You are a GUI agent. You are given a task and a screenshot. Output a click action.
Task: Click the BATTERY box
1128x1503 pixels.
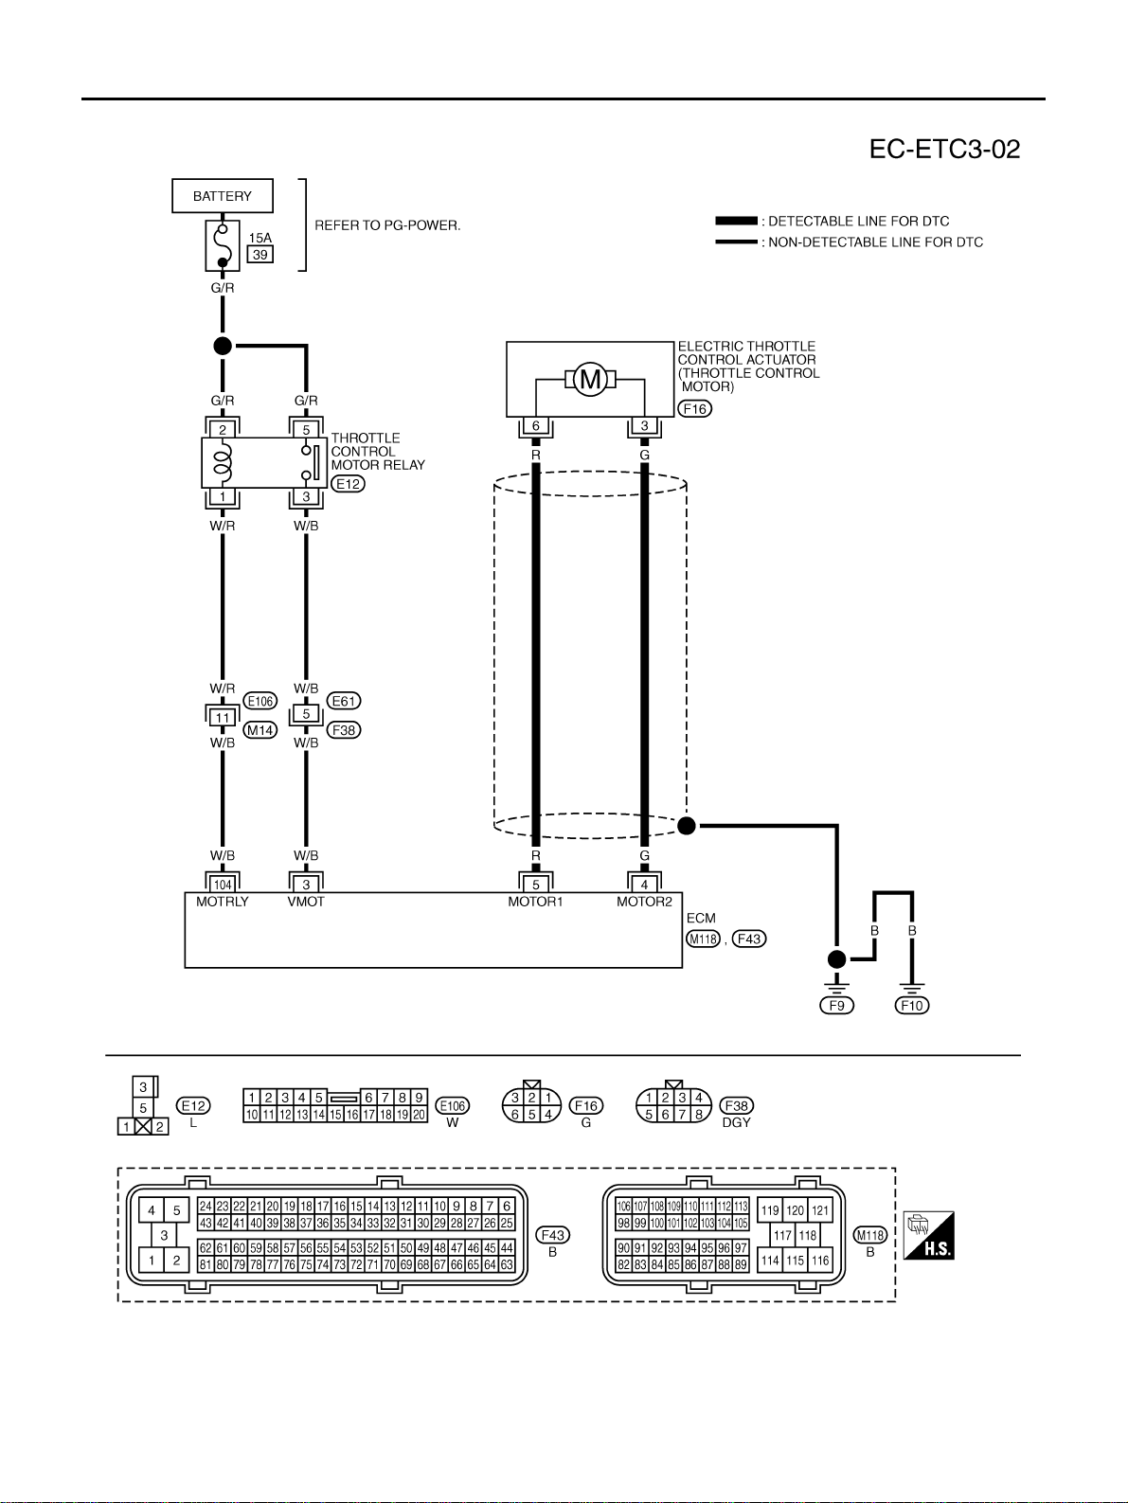223,196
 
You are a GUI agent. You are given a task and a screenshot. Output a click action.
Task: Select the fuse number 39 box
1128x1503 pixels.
260,255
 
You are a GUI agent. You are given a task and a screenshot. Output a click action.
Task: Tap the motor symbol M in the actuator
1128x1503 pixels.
590,379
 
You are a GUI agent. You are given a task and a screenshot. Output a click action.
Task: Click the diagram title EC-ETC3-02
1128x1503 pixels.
944,150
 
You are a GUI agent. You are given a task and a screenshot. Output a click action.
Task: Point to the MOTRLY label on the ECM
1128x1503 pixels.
223,902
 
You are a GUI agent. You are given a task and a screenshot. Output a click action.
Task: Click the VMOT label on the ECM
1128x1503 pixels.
306,902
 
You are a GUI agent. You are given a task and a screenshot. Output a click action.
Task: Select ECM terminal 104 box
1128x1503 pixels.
223,885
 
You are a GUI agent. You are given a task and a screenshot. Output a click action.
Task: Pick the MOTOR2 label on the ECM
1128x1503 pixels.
644,902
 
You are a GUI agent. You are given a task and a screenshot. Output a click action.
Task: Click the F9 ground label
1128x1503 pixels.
836,1006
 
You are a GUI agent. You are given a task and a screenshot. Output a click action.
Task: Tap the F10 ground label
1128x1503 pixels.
912,1006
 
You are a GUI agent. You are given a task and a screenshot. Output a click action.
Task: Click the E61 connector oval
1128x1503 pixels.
344,701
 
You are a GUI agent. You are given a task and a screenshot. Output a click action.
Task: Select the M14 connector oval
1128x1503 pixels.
260,730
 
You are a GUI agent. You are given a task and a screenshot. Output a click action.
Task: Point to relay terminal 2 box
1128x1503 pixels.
223,430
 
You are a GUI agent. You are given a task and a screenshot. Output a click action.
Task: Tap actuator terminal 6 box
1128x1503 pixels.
536,426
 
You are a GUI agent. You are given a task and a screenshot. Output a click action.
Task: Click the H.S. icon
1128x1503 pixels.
929,1235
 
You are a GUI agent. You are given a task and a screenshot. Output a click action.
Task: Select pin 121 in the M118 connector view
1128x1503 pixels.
820,1210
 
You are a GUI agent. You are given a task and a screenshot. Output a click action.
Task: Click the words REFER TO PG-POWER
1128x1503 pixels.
387,225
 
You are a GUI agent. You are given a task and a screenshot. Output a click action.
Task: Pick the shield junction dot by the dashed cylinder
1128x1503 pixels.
687,826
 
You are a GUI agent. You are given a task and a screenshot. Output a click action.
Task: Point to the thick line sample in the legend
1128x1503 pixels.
737,222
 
